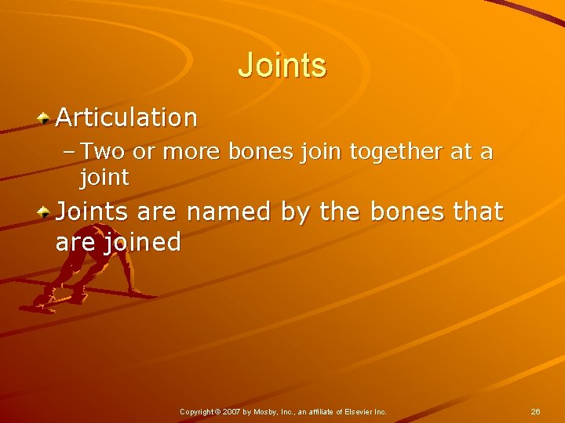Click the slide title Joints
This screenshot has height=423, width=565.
(x=282, y=65)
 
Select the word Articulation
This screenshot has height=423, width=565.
(x=126, y=117)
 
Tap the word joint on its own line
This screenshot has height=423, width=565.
(x=104, y=178)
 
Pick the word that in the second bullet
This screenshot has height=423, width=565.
(x=475, y=211)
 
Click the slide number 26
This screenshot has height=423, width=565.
(x=535, y=411)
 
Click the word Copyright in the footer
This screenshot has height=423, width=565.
(x=196, y=411)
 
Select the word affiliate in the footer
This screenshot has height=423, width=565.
(x=322, y=411)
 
